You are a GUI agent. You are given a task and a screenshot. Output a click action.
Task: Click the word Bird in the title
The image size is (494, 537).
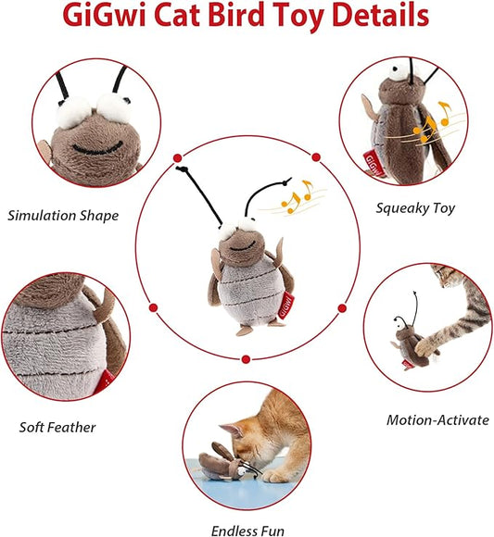pos(236,15)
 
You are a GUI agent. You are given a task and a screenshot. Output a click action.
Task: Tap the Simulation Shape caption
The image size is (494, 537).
pos(63,216)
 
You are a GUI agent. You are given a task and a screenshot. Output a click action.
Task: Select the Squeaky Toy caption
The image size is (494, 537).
pos(415,208)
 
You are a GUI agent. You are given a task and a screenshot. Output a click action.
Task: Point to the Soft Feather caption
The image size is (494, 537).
pos(57,427)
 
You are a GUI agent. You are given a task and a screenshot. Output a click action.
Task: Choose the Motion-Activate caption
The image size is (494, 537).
pos(437,419)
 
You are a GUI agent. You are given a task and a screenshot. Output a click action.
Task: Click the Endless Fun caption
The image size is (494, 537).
pos(247,531)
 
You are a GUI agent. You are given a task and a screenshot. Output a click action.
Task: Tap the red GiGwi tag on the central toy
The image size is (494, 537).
pos(285,306)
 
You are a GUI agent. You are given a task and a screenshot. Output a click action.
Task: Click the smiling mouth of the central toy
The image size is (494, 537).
pos(243,246)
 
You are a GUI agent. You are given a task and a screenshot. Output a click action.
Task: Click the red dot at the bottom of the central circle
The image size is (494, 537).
pos(246,359)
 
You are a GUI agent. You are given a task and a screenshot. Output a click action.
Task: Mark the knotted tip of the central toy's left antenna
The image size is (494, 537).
pos(182,169)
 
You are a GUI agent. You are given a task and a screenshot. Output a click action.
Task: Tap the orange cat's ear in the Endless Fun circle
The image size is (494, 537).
pos(231,430)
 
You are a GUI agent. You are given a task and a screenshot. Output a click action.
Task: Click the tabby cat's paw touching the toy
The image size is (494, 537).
pos(425,347)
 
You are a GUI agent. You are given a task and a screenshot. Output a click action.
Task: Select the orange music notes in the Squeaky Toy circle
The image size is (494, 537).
pos(432,122)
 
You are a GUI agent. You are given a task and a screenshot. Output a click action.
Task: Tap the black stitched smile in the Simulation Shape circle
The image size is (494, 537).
pos(97,148)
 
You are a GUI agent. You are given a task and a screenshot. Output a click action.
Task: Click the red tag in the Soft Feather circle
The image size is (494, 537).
pos(105,381)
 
